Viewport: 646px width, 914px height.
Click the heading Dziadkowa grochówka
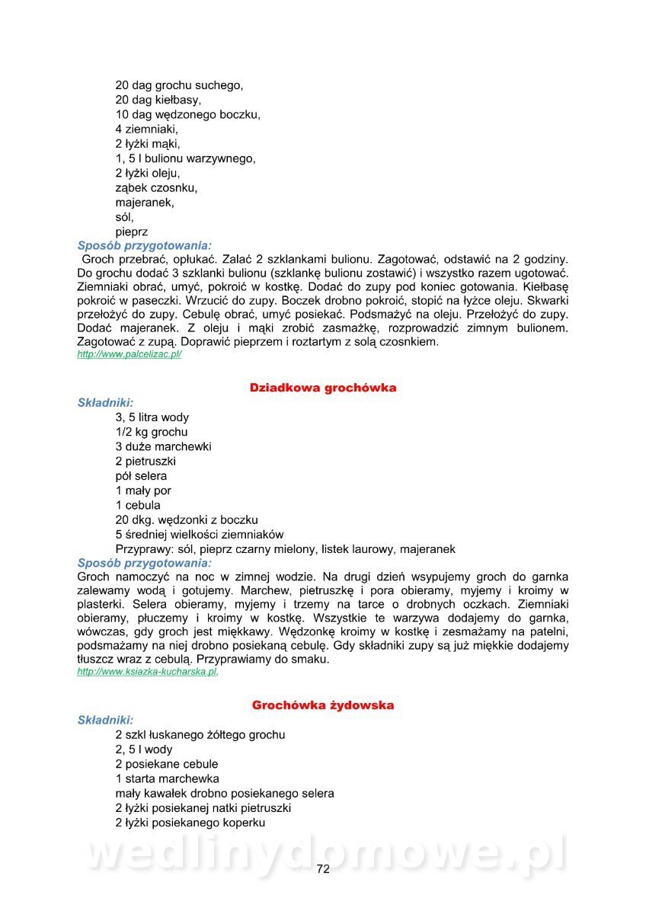pyautogui.click(x=323, y=388)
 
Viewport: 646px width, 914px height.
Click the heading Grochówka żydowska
pyautogui.click(x=323, y=705)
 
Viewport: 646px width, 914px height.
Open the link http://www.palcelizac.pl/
pyautogui.click(x=130, y=354)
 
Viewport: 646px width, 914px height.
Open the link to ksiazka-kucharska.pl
pyautogui.click(x=148, y=672)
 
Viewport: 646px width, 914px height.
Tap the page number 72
pyautogui.click(x=323, y=869)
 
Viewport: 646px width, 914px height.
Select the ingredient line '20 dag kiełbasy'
pyautogui.click(x=158, y=101)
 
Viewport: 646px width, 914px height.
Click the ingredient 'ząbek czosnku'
pyautogui.click(x=157, y=188)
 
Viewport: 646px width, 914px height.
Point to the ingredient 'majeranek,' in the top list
pyautogui.click(x=145, y=203)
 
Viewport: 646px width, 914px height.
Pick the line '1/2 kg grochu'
pyautogui.click(x=152, y=432)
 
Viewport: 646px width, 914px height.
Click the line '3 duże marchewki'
pyautogui.click(x=164, y=446)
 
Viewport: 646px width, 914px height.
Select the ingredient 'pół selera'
pyautogui.click(x=141, y=476)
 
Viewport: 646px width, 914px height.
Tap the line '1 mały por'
pyautogui.click(x=143, y=491)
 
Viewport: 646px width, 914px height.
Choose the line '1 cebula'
pyautogui.click(x=138, y=505)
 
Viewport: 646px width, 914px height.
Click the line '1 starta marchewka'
pyautogui.click(x=168, y=778)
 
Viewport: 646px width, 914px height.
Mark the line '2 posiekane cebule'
pyautogui.click(x=167, y=764)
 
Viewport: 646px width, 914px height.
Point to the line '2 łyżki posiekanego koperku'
pyautogui.click(x=190, y=823)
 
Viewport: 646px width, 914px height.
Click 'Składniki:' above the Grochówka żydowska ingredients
pyautogui.click(x=106, y=720)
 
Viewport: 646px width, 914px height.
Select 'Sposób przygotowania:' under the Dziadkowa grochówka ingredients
pyautogui.click(x=145, y=563)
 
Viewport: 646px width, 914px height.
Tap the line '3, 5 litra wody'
pyautogui.click(x=152, y=417)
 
